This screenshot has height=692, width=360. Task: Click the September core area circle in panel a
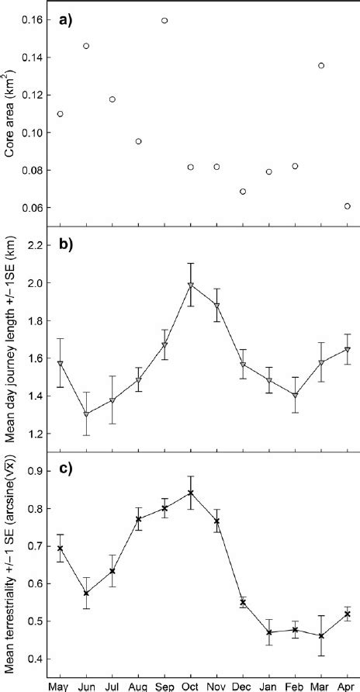coord(164,20)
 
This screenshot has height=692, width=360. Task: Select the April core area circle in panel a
coord(347,206)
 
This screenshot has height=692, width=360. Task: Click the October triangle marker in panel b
coord(190,285)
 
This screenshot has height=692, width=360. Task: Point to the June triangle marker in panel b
coord(86,414)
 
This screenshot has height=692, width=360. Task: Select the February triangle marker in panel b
coord(295,396)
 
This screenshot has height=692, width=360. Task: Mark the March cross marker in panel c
coord(321,636)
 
